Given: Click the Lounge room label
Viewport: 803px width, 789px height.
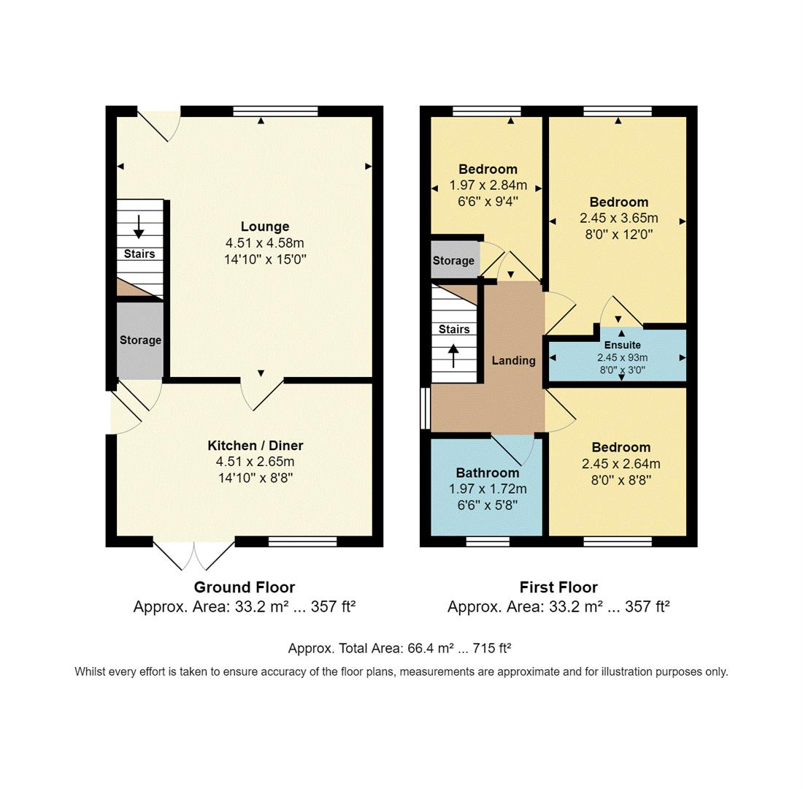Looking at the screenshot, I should (265, 226).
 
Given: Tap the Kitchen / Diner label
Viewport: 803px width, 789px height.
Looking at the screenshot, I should (255, 446).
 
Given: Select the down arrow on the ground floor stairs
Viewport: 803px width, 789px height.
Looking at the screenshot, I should (139, 226).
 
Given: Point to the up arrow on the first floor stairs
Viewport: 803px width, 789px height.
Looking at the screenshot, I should (453, 356).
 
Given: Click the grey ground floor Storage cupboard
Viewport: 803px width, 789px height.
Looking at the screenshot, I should (140, 340).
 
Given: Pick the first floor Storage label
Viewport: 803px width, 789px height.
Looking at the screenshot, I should (453, 261).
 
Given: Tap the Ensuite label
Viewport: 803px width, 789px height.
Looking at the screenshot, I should (622, 345).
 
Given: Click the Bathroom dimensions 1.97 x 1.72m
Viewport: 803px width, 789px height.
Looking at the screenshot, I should (488, 489).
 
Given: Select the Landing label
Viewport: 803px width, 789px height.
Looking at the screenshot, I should (513, 360).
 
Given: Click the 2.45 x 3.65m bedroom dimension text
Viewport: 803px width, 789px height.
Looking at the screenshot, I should (618, 218).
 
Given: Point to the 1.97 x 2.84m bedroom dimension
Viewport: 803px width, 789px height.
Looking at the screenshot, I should (488, 186).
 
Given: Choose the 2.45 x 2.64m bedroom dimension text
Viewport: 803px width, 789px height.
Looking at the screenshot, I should (620, 464).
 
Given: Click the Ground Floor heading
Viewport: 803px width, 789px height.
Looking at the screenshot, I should (244, 587).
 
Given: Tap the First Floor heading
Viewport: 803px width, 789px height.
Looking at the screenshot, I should (558, 587).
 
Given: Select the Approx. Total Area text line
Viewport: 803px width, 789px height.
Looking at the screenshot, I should (399, 648).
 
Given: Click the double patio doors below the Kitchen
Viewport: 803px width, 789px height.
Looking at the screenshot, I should (194, 554).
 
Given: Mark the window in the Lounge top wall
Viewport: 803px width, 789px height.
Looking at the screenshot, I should (275, 112).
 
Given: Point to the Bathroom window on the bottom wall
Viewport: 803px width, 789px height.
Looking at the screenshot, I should (488, 541).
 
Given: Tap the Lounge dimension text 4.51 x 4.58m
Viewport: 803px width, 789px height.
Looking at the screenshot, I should (265, 243).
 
